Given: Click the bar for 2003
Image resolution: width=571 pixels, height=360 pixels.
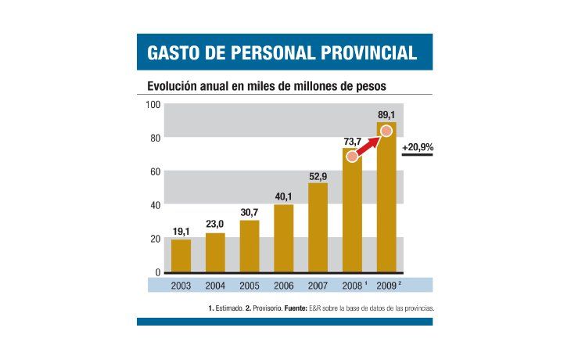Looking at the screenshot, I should [181, 256].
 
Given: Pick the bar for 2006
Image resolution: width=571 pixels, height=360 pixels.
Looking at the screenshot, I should [283, 239].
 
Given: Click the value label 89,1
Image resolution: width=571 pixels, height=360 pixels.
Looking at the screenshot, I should [386, 113].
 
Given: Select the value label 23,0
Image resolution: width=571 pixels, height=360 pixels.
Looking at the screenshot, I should [215, 225].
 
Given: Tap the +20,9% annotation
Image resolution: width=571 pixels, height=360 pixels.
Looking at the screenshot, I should [417, 146].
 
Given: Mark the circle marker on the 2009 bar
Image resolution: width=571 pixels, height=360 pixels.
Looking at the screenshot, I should [386, 130].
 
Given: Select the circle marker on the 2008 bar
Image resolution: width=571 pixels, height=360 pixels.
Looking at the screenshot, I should [353, 157].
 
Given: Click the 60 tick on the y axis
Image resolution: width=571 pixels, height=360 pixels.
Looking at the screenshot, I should [155, 172].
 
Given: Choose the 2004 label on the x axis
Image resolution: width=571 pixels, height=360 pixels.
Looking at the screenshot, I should [215, 286].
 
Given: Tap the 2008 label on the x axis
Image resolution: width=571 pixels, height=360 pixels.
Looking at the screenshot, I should [351, 286].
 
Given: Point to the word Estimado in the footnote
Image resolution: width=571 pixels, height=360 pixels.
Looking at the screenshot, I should [228, 308].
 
